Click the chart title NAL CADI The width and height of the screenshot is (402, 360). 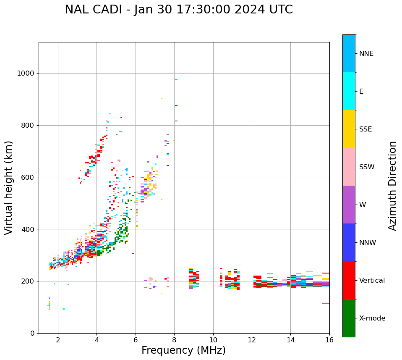pos(179,10)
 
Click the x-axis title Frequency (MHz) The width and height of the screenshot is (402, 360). pos(183,350)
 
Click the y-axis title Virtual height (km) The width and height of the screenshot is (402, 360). pos(9,188)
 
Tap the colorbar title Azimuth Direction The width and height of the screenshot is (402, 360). pos(392,186)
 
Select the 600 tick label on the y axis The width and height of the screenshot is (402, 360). pos(28,177)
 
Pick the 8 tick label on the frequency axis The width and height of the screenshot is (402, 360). pos(174,339)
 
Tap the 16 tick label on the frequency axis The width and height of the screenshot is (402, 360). pos(329,339)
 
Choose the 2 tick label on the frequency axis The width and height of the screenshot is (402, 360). pos(58,339)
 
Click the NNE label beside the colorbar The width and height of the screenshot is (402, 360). pos(366,54)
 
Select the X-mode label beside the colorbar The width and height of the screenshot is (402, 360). pos(372,318)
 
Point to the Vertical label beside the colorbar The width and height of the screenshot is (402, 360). pos(372,281)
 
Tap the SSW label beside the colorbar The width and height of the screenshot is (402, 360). pos(367,167)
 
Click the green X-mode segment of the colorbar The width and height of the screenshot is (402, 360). pos(349,318)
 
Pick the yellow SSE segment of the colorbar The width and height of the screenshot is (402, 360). pos(349,129)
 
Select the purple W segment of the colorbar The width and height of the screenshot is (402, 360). pos(349,205)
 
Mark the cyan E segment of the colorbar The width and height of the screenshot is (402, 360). pos(349,91)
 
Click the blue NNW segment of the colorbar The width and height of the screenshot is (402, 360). pos(349,242)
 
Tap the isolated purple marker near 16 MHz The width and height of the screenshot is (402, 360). pos(326,303)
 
